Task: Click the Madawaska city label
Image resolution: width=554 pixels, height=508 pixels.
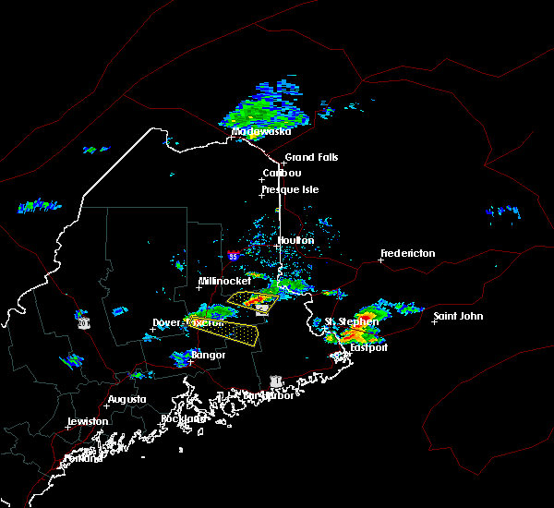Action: tap(260, 131)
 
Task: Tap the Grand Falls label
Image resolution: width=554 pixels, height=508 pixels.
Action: tap(311, 158)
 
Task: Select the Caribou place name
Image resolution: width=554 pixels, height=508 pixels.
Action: tap(282, 173)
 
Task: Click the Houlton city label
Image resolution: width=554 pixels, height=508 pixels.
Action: tap(295, 240)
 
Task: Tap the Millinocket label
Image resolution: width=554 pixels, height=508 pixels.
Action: tap(224, 281)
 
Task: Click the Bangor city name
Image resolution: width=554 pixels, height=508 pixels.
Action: tap(208, 355)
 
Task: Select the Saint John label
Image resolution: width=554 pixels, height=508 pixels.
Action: tap(458, 317)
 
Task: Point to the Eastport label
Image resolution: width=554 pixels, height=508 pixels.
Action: tap(369, 347)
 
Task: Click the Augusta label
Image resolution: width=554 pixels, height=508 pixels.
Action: tap(126, 399)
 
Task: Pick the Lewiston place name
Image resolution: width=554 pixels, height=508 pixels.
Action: tap(88, 421)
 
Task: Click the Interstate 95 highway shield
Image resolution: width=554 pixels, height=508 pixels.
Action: tap(233, 256)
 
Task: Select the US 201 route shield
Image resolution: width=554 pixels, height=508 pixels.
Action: tap(83, 323)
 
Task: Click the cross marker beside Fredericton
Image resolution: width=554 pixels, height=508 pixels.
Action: tap(381, 260)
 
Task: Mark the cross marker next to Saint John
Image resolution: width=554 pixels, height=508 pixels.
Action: tap(434, 322)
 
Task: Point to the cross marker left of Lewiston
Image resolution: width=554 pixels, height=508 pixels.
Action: tap(68, 427)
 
